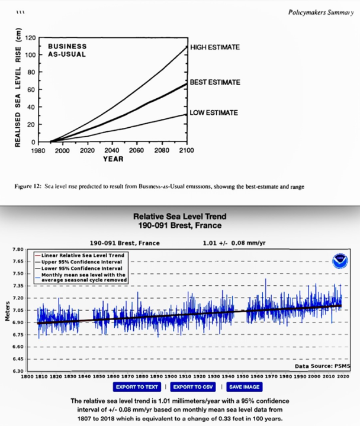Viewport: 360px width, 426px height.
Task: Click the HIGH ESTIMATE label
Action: [x=215, y=47]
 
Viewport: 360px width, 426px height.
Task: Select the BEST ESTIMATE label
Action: [x=215, y=82]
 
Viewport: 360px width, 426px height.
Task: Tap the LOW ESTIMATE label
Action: [x=214, y=113]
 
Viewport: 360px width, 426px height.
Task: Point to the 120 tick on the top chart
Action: [x=27, y=38]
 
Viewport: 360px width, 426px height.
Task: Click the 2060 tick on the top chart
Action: [x=136, y=150]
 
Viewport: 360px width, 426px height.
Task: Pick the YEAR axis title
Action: [x=112, y=159]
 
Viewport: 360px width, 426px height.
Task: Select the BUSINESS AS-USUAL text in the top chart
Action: [x=67, y=50]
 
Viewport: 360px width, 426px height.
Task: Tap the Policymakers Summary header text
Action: [x=320, y=12]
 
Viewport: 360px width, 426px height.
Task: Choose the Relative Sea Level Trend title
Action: [x=180, y=217]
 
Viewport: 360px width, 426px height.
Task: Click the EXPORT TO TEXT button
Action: [x=137, y=387]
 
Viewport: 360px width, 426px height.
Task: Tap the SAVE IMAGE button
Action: [x=244, y=387]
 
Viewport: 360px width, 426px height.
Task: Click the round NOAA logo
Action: [x=340, y=260]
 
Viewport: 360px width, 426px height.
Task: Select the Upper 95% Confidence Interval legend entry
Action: [x=83, y=261]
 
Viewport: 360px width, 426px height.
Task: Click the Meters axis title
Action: [x=7, y=311]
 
